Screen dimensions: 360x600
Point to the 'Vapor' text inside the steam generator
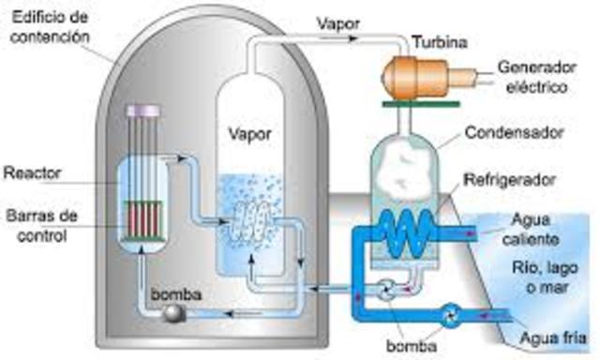click(x=249, y=133)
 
